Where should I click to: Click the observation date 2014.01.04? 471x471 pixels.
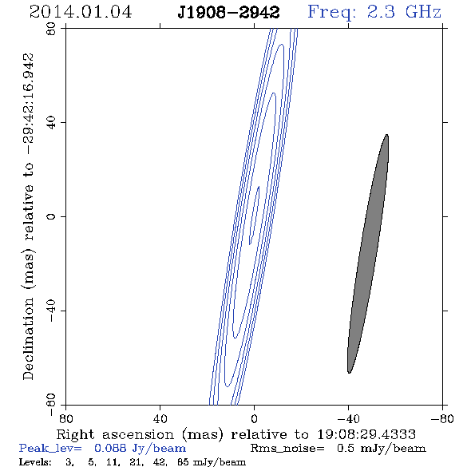point(81,12)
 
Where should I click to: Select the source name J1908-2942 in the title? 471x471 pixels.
point(228,13)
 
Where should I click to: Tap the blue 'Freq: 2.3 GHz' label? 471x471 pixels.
point(374,12)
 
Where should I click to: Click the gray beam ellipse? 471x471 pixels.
point(368,254)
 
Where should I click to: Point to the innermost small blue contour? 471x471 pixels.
point(255,215)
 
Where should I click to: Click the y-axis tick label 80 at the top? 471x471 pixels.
point(51,29)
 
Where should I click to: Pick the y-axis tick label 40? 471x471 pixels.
point(51,123)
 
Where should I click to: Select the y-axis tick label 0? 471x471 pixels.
point(51,216)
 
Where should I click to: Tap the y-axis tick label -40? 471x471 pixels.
point(51,311)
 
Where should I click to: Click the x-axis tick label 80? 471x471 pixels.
point(65,418)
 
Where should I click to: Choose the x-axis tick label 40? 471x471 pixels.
point(160,418)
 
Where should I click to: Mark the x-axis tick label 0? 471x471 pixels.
point(254,418)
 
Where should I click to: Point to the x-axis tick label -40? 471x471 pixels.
point(348,418)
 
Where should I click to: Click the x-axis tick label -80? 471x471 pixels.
point(442,418)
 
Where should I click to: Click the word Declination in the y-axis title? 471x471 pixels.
point(28,338)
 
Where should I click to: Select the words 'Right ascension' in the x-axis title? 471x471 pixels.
point(115,434)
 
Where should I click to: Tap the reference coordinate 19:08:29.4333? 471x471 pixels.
point(366,434)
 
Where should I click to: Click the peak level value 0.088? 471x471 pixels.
point(110,448)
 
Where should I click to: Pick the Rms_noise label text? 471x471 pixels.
point(287,449)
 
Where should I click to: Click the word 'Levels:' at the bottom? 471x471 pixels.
point(35,462)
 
